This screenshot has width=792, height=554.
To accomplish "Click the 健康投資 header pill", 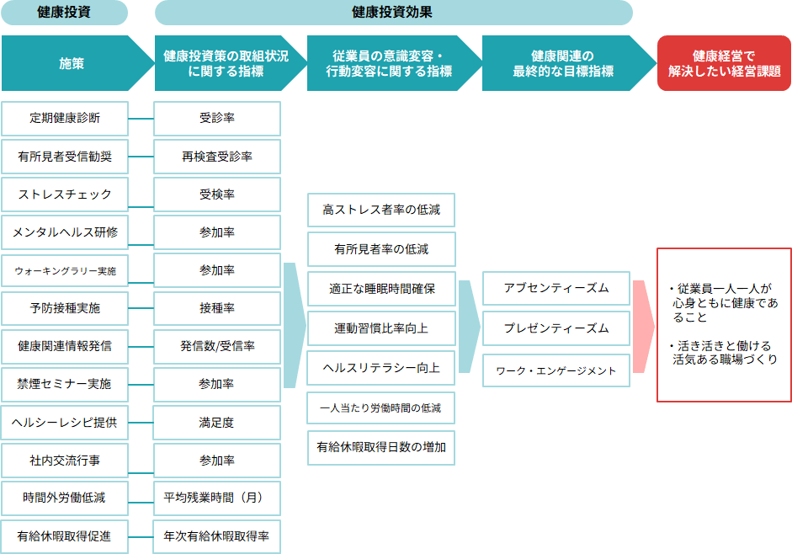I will point(65,13).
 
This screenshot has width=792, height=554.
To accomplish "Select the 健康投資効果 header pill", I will point(393,13).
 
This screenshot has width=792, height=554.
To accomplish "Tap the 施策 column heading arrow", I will point(72,63).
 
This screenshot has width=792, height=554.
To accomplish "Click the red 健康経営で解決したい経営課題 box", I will point(724,63).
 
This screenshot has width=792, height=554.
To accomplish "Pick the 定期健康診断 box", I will point(65,118).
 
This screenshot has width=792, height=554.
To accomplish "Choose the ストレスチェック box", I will point(65,194).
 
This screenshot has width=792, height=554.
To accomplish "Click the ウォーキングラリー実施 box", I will point(65,271).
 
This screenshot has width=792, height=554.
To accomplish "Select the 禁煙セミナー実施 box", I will point(65,384).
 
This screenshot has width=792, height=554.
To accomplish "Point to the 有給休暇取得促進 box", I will point(65,536).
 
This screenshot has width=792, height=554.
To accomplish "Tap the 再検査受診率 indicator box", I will point(217,157).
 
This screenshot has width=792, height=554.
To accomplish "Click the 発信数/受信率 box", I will point(217,346).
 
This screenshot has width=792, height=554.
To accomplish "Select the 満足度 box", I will point(217,423).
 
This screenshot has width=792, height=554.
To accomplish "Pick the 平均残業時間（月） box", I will point(217,498).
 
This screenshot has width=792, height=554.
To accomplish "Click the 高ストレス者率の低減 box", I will point(381,210).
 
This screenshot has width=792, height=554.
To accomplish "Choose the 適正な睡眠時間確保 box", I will point(381,289).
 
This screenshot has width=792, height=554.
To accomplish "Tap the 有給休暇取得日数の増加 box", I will point(381,447).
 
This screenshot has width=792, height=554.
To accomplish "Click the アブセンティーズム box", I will point(555,289).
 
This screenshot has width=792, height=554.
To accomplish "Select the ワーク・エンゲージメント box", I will point(555,370).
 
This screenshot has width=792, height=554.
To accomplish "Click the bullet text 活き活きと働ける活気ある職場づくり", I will point(725,353).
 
